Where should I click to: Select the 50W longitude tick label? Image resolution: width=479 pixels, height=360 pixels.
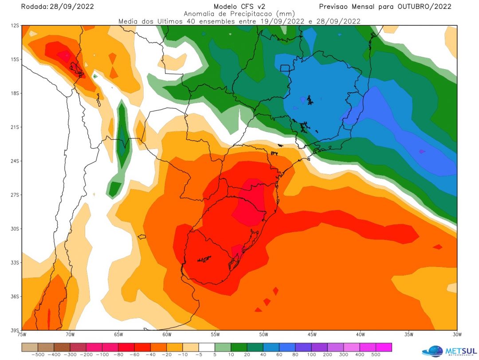[263, 334]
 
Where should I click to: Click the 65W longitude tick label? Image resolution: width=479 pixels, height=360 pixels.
[118, 334]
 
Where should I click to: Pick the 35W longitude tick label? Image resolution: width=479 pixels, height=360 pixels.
[408, 334]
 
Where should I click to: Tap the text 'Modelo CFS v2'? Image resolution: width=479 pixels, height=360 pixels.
[239, 6]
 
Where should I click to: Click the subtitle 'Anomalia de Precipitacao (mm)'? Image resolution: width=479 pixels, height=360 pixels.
[239, 14]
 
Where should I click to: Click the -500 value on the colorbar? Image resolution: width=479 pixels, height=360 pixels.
[39, 355]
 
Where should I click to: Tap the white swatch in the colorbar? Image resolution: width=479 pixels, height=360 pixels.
[207, 347]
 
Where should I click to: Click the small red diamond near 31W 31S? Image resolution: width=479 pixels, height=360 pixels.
[438, 247]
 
